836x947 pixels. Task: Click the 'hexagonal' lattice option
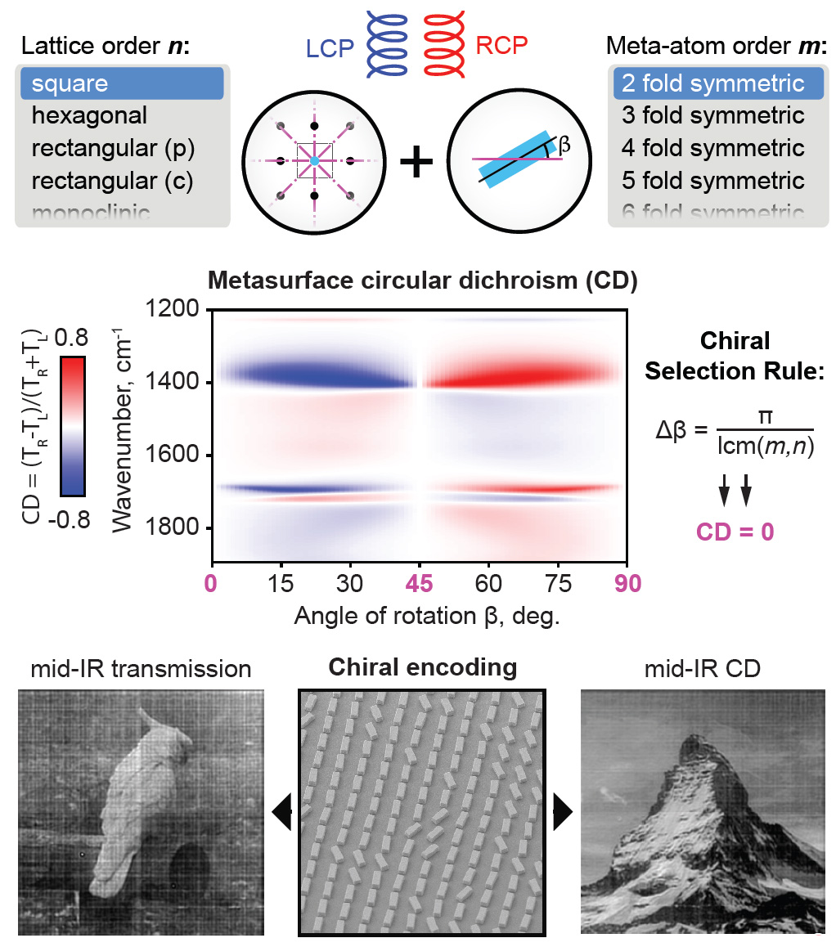pos(90,115)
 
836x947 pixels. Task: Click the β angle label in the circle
pos(564,147)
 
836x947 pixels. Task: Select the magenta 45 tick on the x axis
pos(419,586)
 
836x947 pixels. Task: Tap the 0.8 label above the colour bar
pos(72,336)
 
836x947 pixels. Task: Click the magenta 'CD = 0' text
pos(735,532)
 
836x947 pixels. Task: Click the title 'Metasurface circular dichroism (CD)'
pos(422,281)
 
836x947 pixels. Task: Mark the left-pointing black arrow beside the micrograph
pos(281,814)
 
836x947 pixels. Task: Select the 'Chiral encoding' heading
pos(422,667)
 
